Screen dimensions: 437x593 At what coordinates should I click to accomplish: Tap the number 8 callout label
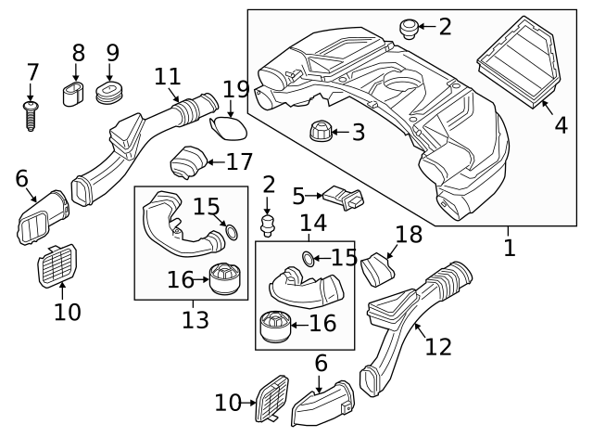(78, 53)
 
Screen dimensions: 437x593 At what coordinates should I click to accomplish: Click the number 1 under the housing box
(509, 248)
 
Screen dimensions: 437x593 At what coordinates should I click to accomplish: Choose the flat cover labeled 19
(228, 125)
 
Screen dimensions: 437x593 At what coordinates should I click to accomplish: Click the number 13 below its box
(195, 320)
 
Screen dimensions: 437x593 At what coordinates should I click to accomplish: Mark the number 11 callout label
(168, 75)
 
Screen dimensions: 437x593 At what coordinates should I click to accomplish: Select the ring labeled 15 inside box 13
(230, 232)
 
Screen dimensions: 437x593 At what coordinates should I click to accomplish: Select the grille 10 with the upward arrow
(57, 267)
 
